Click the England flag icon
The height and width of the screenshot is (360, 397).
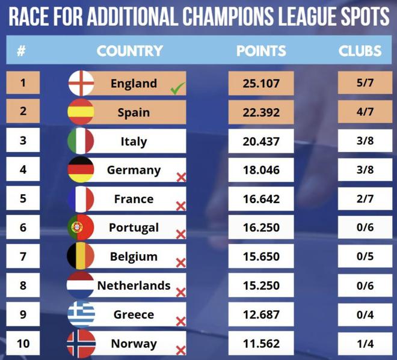(81, 84)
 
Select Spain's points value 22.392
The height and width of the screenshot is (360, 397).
(261, 112)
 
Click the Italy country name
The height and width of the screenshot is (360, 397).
(134, 142)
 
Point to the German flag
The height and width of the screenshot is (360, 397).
(81, 170)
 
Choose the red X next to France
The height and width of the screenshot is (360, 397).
(180, 206)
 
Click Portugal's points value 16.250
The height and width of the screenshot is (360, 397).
(261, 228)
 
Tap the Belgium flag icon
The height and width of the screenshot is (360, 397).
(81, 257)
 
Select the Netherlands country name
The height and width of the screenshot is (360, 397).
(134, 285)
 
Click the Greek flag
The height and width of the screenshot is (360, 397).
(81, 314)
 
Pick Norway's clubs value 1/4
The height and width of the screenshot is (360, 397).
(365, 343)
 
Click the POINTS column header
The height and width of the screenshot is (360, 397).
(261, 51)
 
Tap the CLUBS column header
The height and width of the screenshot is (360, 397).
(360, 51)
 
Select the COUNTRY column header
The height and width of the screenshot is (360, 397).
(129, 51)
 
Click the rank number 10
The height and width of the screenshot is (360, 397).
(23, 343)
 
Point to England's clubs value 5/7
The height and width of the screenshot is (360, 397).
(365, 84)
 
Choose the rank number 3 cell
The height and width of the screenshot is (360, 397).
(23, 141)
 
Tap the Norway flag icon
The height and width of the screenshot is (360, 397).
(81, 343)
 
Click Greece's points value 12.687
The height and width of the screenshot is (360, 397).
(261, 314)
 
